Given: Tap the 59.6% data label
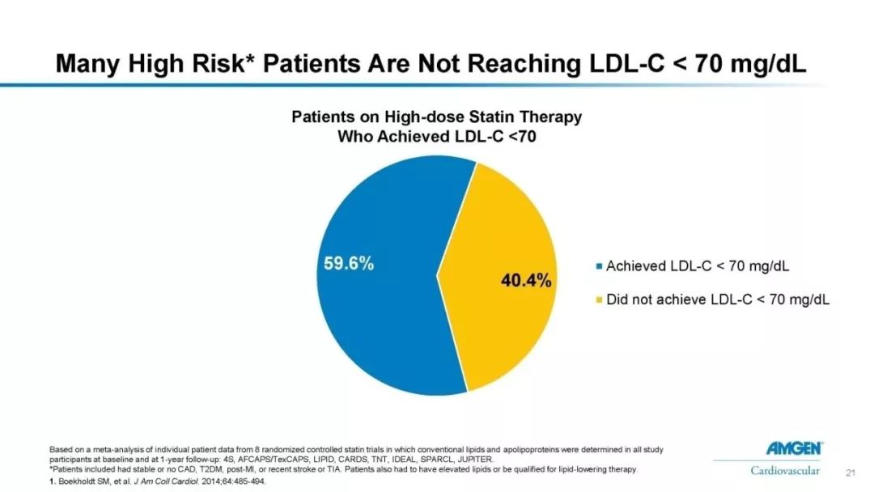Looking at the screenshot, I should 349,264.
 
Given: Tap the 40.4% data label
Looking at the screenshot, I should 527,281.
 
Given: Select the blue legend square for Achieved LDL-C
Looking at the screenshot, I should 599,265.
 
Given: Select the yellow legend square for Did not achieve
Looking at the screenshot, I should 599,300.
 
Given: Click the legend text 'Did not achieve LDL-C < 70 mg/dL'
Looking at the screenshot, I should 718,300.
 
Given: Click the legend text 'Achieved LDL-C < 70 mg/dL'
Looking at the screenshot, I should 698,265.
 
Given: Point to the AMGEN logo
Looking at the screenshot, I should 795,447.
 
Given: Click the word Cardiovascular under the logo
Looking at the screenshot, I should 785,470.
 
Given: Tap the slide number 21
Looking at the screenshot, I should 850,471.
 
